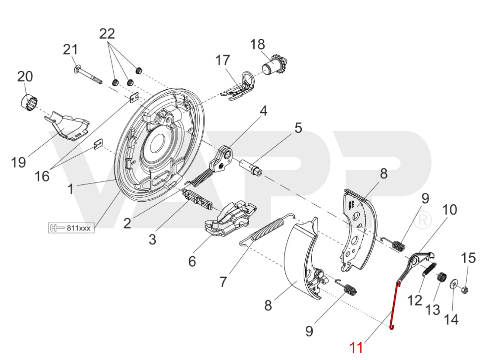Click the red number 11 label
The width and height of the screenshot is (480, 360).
357,347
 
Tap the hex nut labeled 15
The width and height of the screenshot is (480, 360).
465,289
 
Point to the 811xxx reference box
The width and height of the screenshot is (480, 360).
71,227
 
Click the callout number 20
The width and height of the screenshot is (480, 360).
25,76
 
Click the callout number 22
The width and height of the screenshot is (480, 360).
107,34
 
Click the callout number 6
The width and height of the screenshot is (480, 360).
192,261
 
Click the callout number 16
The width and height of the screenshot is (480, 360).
42,176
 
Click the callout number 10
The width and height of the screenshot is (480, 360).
449,210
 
